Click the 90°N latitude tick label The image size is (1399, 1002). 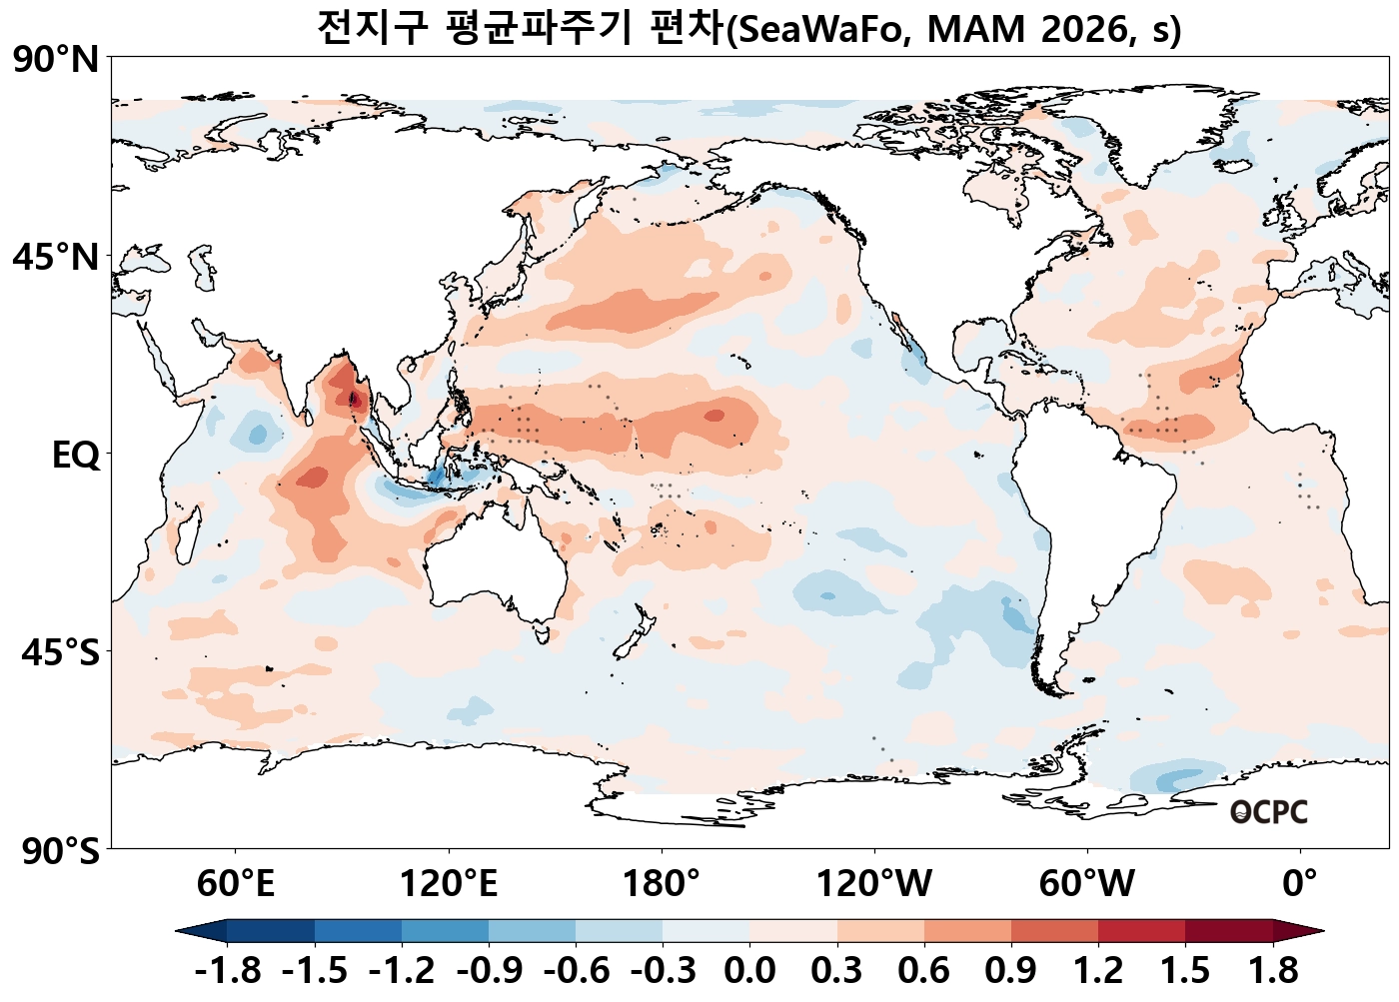pos(56,60)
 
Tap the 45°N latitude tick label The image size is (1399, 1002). pos(56,257)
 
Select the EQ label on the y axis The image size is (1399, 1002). pos(76,456)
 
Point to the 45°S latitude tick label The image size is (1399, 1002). pos(60,653)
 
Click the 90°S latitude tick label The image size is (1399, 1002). pos(56,852)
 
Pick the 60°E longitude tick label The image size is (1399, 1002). pos(235,884)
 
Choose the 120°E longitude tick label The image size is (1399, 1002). pos(449,884)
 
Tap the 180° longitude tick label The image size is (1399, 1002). pos(662,884)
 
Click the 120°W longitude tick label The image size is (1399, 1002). pos(874,884)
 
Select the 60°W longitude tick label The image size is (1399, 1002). pos(1087,884)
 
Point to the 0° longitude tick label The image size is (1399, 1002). pos(1299,884)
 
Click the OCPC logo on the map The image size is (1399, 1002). pos(1268,812)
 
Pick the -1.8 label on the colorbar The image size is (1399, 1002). pos(228,970)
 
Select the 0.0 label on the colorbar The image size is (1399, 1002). pos(749,970)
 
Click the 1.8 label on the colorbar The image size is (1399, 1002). pos(1273,970)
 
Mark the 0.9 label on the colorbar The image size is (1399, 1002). pos(1011,970)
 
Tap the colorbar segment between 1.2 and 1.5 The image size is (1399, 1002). pos(1141,931)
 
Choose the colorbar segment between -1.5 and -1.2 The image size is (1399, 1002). pos(358,931)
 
